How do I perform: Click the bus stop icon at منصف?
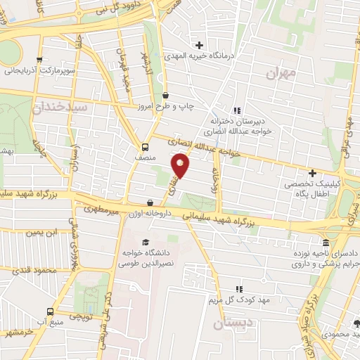coord(144,148)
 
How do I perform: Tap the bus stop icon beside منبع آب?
coord(49,311)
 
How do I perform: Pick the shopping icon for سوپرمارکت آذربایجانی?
coord(39,60)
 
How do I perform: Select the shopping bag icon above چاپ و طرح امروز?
coord(165,96)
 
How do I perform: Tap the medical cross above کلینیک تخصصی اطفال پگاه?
coord(312,172)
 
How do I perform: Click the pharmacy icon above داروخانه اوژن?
coord(149,203)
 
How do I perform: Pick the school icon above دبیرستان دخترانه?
coord(237,110)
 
